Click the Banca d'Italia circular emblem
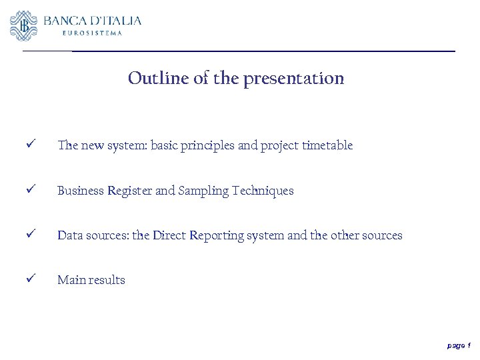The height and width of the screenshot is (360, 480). [24, 25]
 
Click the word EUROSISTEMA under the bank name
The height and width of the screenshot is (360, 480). [92, 33]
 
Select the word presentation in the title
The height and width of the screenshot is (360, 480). [293, 79]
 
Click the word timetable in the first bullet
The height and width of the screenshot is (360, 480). [326, 145]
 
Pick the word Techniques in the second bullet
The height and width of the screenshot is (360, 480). [263, 191]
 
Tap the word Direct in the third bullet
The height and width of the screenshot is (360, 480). [169, 235]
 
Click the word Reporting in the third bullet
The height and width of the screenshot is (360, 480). [216, 235]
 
